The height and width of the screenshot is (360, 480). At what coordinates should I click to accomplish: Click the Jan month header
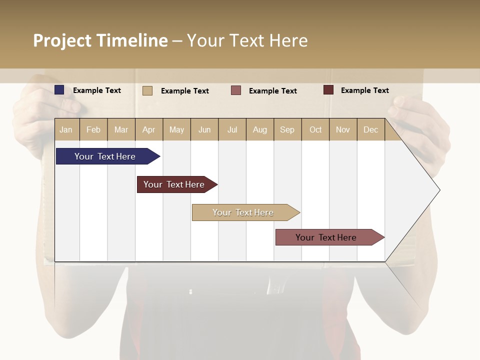pyautogui.click(x=66, y=129)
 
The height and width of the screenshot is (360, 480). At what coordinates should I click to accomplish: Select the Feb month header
pyautogui.click(x=93, y=129)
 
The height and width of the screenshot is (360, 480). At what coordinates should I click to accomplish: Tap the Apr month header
pyautogui.click(x=149, y=129)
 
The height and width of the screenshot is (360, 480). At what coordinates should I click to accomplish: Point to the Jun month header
pyautogui.click(x=204, y=129)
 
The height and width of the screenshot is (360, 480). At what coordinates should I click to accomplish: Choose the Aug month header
pyautogui.click(x=260, y=129)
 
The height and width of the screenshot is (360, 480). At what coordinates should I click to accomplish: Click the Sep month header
pyautogui.click(x=287, y=129)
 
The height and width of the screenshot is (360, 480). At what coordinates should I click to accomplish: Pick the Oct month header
pyautogui.click(x=315, y=129)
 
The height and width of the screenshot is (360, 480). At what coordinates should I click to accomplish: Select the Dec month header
pyautogui.click(x=371, y=129)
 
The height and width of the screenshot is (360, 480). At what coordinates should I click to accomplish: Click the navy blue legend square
pyautogui.click(x=59, y=90)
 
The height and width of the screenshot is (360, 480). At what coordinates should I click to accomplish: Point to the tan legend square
pyautogui.click(x=147, y=90)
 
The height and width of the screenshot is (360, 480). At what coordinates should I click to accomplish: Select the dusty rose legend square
pyautogui.click(x=236, y=90)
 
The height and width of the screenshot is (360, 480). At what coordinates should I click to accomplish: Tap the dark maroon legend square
pyautogui.click(x=328, y=90)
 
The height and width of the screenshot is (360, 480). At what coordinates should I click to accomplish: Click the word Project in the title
pyautogui.click(x=62, y=40)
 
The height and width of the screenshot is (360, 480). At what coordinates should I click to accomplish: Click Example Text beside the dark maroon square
pyautogui.click(x=364, y=90)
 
